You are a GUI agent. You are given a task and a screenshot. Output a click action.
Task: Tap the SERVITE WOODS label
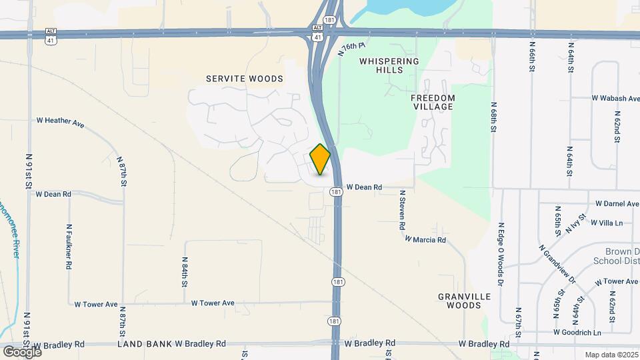point(244,79)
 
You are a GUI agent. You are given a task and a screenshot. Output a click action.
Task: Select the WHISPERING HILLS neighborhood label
point(389,65)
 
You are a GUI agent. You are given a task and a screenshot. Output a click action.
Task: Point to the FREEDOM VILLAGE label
point(433,102)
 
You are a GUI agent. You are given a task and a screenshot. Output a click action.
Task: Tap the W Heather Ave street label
point(60,121)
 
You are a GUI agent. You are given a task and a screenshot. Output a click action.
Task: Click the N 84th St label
point(185,272)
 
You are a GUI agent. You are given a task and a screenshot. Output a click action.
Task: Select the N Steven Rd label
point(402,210)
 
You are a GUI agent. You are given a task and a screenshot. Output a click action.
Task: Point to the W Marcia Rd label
point(425,239)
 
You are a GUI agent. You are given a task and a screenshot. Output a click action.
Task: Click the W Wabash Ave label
point(615,98)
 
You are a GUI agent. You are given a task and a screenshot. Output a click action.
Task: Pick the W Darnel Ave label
point(617,203)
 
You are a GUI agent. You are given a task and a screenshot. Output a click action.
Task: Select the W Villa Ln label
point(611,223)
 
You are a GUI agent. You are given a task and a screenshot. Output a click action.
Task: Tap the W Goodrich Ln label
point(577,332)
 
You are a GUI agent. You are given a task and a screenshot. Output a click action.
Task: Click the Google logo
point(22,351)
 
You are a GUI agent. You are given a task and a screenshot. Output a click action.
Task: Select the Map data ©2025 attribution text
point(611,355)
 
